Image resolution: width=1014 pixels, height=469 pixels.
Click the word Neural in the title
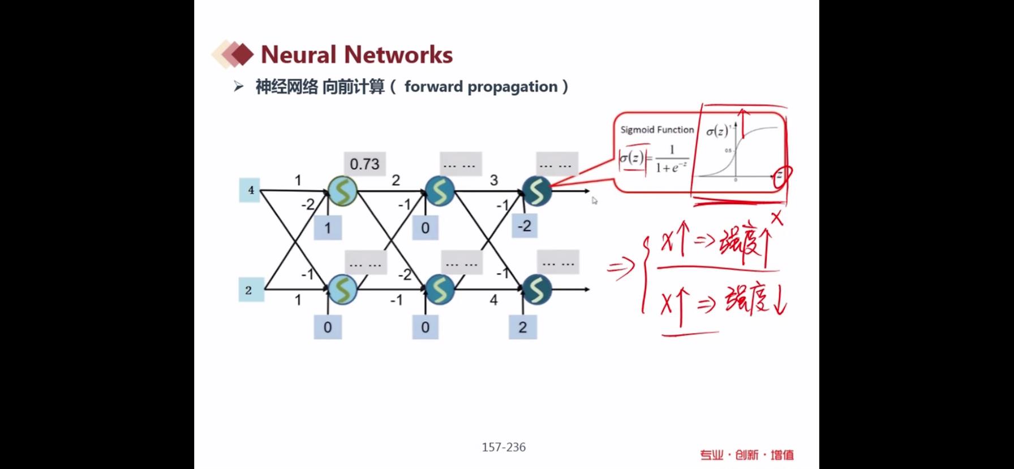(298, 55)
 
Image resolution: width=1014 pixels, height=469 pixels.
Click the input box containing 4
(250, 190)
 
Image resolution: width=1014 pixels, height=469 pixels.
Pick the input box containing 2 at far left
(250, 290)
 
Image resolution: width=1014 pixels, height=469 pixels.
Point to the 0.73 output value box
(364, 164)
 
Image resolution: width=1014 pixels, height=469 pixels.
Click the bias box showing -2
(525, 226)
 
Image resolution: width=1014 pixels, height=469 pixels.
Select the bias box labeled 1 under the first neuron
(328, 228)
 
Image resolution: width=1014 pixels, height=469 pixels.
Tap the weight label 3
(493, 180)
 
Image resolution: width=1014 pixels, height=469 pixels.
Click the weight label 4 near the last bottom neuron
(493, 300)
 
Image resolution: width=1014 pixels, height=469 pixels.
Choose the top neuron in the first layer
(342, 191)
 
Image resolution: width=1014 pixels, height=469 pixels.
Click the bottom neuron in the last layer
(536, 289)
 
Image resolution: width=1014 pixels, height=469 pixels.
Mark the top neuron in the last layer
(536, 191)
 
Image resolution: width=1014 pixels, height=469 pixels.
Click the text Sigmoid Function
(657, 130)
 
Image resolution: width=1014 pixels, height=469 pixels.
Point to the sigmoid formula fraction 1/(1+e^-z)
(672, 159)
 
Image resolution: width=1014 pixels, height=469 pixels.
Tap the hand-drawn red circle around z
(781, 176)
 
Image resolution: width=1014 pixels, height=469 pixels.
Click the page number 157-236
(504, 447)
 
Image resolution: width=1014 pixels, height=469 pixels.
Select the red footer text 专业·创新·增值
(746, 455)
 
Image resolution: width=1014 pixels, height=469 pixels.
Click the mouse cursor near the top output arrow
(594, 200)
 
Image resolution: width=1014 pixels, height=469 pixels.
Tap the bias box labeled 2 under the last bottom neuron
(523, 327)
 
